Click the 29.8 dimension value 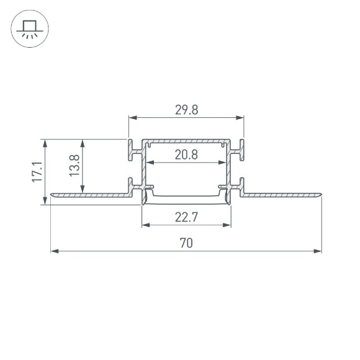coord(186,110)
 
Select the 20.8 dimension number coord(186,155)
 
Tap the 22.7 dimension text coord(186,217)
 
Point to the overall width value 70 coord(186,243)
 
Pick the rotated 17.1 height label coord(37,171)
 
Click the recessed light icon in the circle coord(29,29)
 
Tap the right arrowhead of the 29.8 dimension coord(240,117)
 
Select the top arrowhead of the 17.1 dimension coord(45,143)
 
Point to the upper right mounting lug coord(238,150)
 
